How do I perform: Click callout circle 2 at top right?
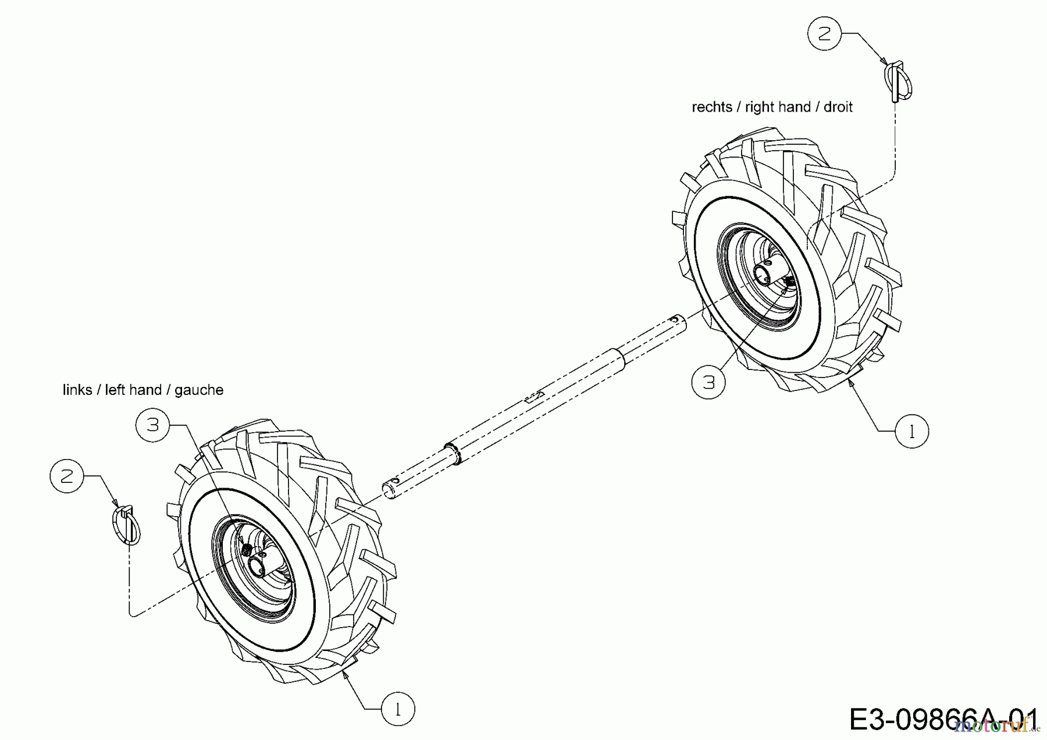click(x=825, y=34)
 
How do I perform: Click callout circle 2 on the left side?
click(x=67, y=476)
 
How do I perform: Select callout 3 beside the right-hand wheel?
click(x=708, y=382)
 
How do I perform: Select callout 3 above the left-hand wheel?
click(x=152, y=425)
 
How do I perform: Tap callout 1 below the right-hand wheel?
click(x=911, y=431)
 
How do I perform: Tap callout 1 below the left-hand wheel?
click(x=398, y=709)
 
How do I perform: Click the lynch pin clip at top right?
click(x=898, y=81)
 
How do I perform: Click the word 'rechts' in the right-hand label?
click(x=711, y=107)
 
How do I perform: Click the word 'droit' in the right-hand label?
click(x=838, y=107)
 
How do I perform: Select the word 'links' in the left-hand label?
click(x=77, y=390)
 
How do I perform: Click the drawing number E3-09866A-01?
click(x=942, y=719)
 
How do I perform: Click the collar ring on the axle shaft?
click(x=453, y=453)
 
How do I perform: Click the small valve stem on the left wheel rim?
click(x=247, y=549)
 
